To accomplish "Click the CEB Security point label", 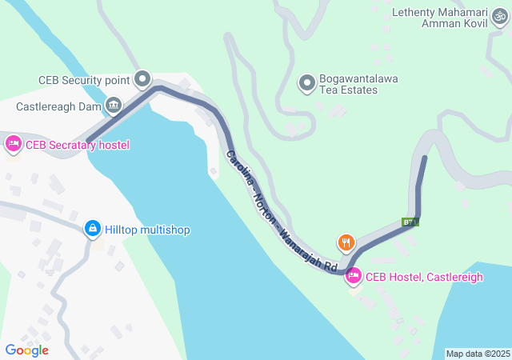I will tap(84, 80).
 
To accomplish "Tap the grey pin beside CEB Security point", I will tap(142, 78).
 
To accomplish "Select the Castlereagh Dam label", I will tap(59, 106).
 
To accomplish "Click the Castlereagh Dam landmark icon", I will tap(114, 105).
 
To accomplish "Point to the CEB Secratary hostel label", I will tap(77, 145).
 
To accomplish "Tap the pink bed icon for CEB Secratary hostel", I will tap(13, 144).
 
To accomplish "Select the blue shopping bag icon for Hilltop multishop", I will tap(93, 230).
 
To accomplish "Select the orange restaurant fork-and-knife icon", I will tap(346, 242).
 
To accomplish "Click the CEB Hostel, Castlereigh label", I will tap(424, 277).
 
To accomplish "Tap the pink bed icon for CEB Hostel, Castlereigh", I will tap(352, 276).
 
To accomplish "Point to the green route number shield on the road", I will tap(410, 222).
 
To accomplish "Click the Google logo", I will tap(26, 350).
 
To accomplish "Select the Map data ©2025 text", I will tap(478, 354).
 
